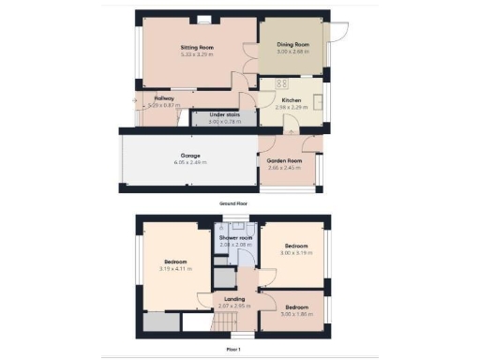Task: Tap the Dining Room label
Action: point(292,44)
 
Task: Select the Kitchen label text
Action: point(292,99)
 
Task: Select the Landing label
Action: point(234,299)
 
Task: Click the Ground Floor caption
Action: point(232,202)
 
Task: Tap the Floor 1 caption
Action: point(232,350)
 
